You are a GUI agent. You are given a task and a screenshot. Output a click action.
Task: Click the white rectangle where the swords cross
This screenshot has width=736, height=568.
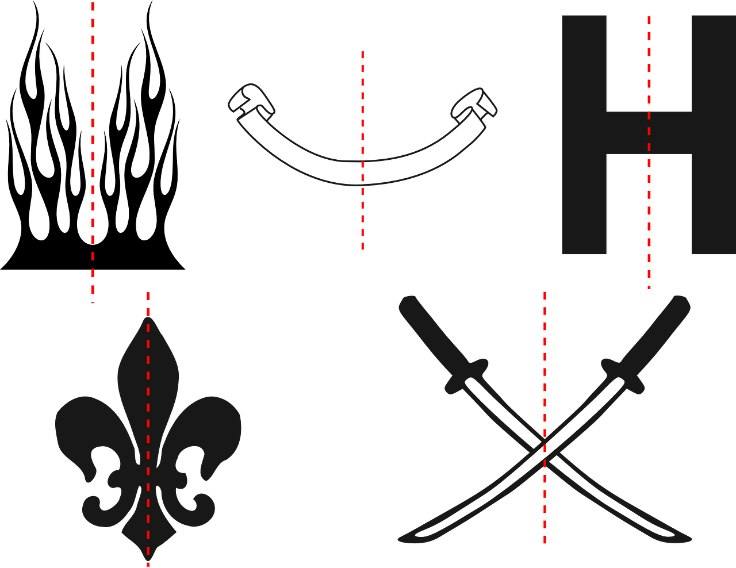click(544, 452)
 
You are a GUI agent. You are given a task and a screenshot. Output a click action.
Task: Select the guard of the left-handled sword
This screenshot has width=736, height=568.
click(466, 377)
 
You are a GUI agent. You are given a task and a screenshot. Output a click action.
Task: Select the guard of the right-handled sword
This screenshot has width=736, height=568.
click(622, 377)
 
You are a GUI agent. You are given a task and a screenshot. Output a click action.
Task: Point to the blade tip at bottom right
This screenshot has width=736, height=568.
click(687, 539)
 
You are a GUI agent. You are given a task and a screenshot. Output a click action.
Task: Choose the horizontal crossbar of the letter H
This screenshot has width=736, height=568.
click(649, 133)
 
